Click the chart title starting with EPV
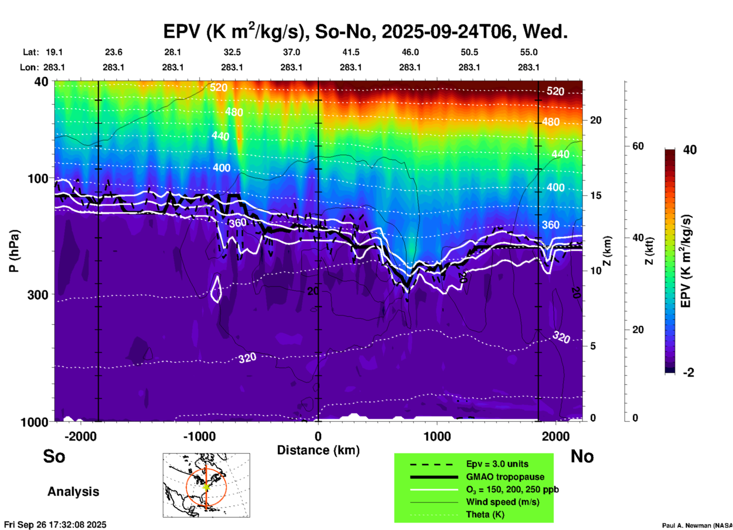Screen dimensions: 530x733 pyautogui.click(x=365, y=32)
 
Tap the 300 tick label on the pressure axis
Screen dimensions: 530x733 pyautogui.click(x=38, y=295)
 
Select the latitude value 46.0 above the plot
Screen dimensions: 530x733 pyautogui.click(x=410, y=52)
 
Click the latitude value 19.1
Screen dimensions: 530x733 pyautogui.click(x=54, y=52)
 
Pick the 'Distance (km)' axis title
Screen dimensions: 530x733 pyautogui.click(x=318, y=450)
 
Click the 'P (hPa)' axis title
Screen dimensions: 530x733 pyautogui.click(x=14, y=251)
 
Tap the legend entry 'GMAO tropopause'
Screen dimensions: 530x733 pyautogui.click(x=505, y=477)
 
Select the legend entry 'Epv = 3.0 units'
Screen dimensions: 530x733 pyautogui.click(x=497, y=464)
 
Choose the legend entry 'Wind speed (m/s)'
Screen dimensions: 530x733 pyautogui.click(x=503, y=502)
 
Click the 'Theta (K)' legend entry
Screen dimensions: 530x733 pyautogui.click(x=485, y=514)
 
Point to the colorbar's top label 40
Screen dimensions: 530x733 pyautogui.click(x=690, y=150)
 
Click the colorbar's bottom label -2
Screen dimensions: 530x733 pyautogui.click(x=688, y=372)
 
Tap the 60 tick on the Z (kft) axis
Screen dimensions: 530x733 pyautogui.click(x=638, y=146)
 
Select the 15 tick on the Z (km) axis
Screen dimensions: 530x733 pyautogui.click(x=596, y=195)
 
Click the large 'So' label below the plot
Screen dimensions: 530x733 pyautogui.click(x=54, y=456)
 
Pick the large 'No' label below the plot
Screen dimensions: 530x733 pyautogui.click(x=582, y=456)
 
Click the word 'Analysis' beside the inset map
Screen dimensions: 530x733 pyautogui.click(x=73, y=492)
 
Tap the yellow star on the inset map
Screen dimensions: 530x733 pyautogui.click(x=206, y=487)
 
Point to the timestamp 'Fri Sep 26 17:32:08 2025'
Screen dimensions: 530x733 pyautogui.click(x=55, y=525)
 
